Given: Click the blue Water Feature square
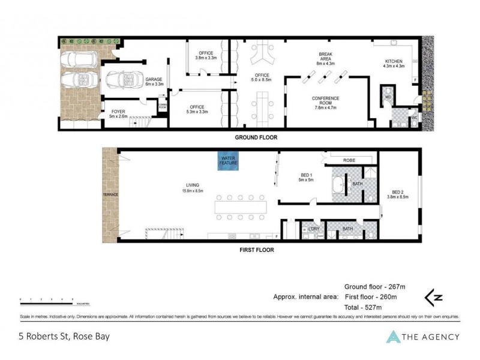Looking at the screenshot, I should (x=228, y=161).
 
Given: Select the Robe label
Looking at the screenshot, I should (x=350, y=160).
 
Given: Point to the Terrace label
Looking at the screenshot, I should (x=110, y=195).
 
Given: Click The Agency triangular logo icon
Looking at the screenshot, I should (x=393, y=337).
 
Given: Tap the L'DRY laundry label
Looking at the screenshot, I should (x=314, y=229).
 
